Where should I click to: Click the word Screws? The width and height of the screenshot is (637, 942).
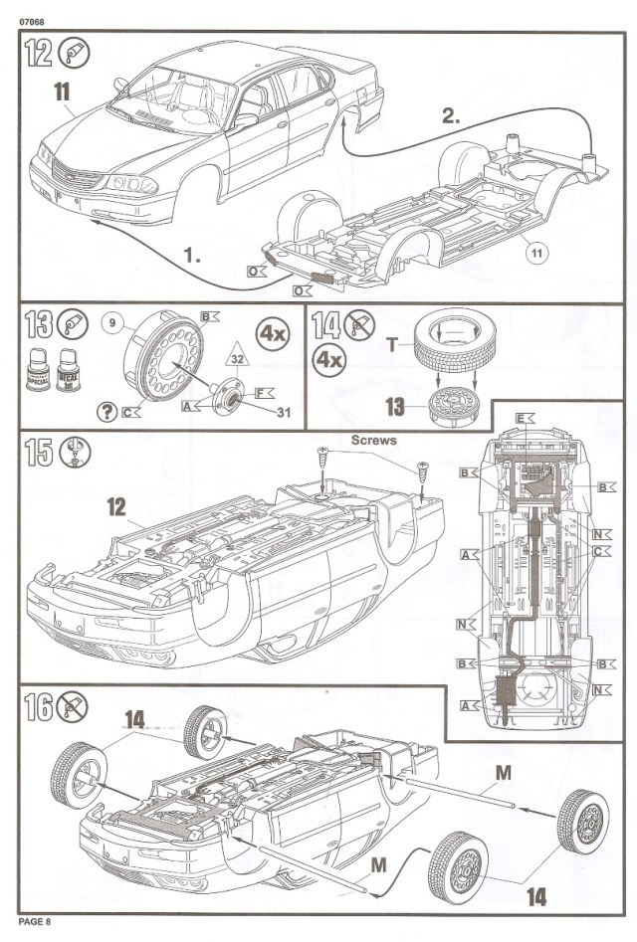point(374,438)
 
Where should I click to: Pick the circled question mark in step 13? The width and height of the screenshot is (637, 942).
point(106,411)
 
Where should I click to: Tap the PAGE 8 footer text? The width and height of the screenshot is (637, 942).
point(34,922)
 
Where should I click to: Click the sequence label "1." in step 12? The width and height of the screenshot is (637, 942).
point(191,255)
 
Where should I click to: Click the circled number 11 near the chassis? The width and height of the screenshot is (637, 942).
point(536,253)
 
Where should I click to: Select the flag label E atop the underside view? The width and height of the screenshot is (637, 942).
point(522,418)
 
